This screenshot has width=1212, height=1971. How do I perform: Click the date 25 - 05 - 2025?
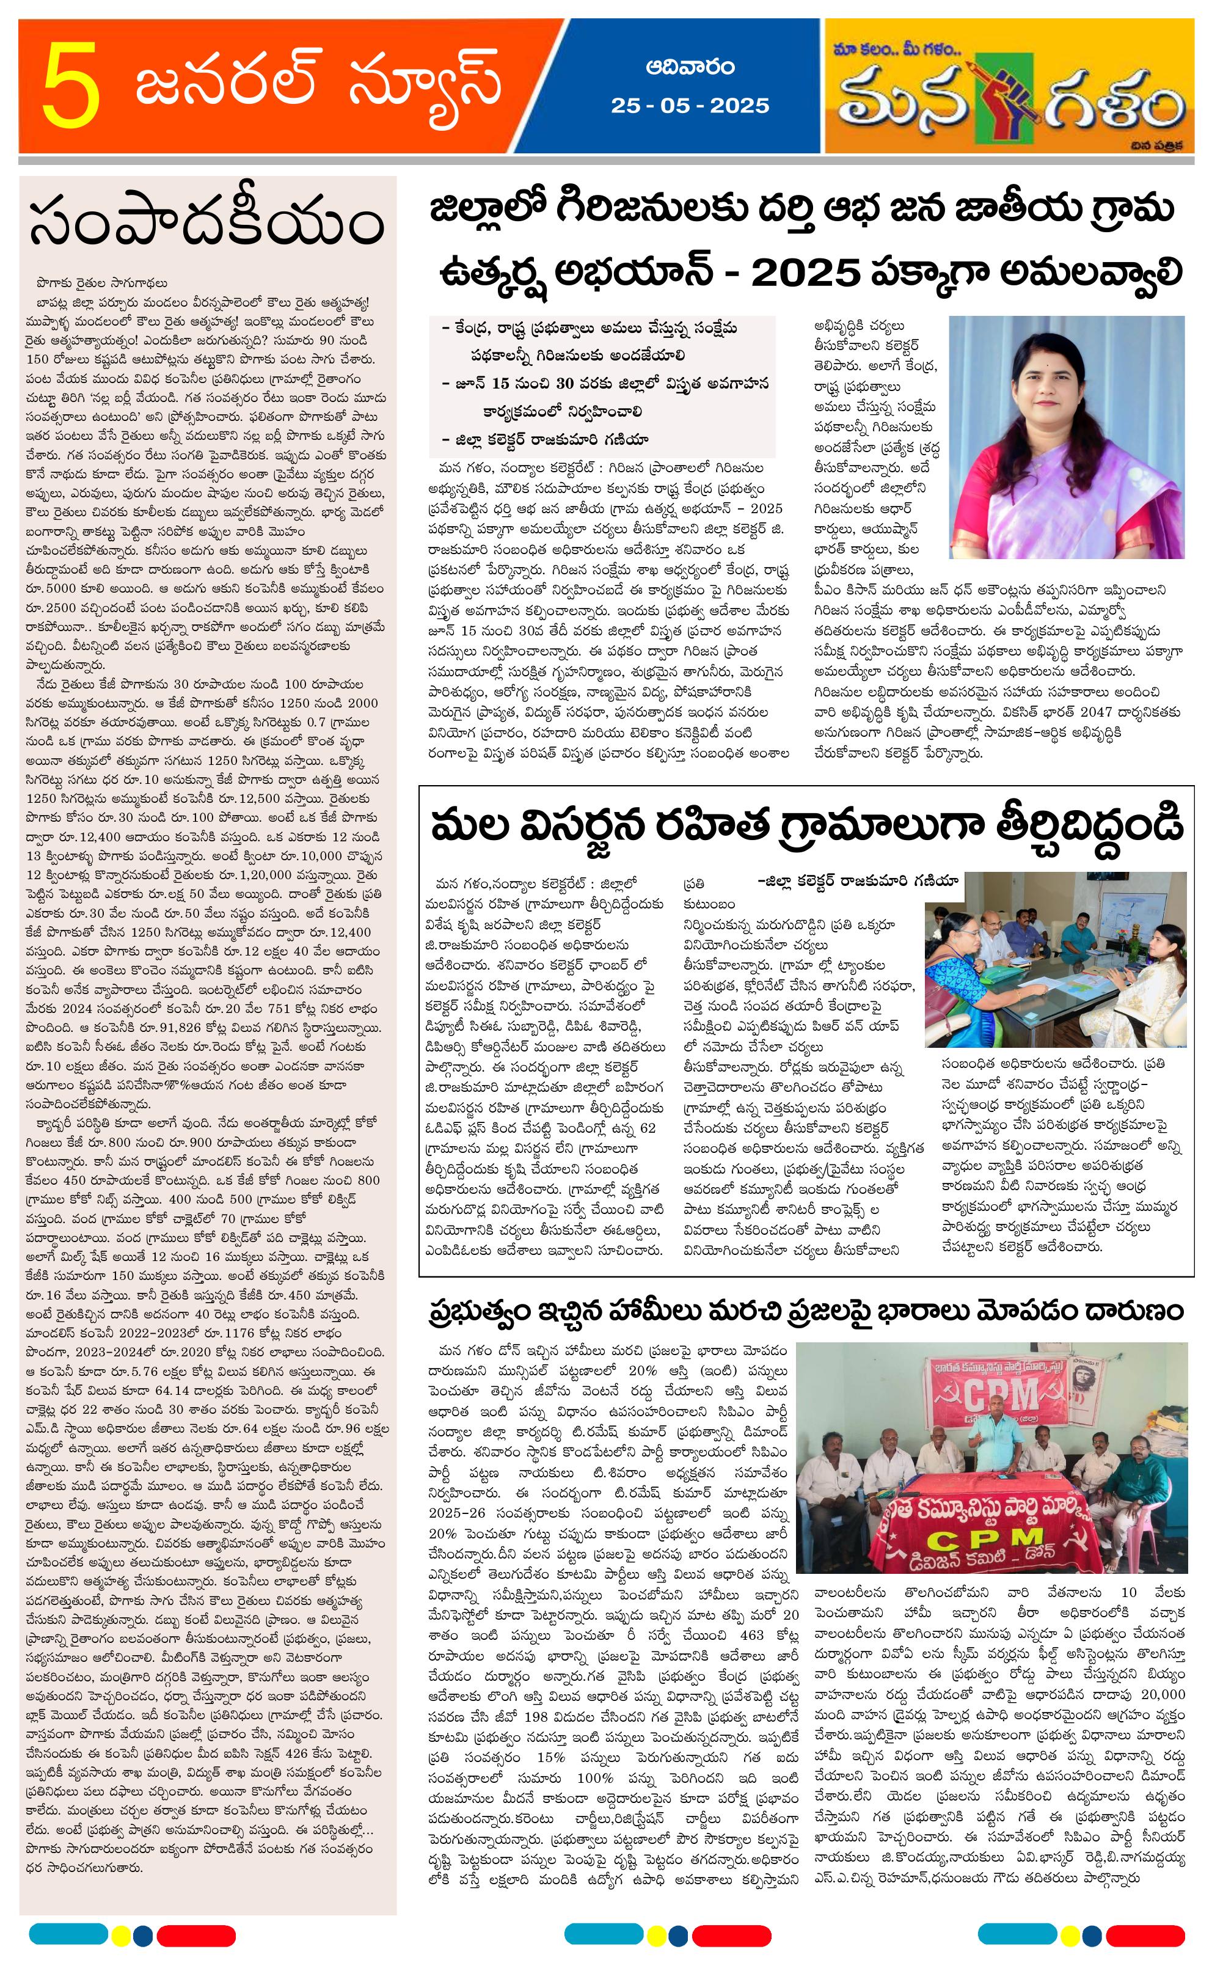tap(689, 106)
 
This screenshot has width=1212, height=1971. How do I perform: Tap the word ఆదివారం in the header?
tap(689, 67)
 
